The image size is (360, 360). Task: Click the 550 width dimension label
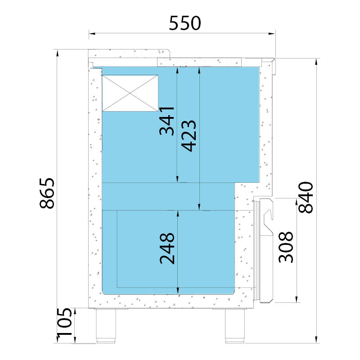[x=185, y=23]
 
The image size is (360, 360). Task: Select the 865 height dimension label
[x=47, y=193]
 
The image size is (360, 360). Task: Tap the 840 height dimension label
[x=306, y=197]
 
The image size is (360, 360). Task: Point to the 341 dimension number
[x=166, y=121]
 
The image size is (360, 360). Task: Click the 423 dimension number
[x=189, y=136]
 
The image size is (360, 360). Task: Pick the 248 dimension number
[x=167, y=248]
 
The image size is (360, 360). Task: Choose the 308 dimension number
[x=286, y=247]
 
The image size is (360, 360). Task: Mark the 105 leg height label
[x=64, y=322]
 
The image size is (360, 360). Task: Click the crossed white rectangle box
[x=130, y=93]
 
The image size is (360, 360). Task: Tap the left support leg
[x=106, y=326]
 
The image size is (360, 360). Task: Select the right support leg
[x=234, y=326]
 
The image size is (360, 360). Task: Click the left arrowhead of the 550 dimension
[x=92, y=34]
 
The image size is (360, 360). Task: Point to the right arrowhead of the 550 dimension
[x=272, y=34]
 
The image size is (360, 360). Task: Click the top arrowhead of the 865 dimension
[x=58, y=53]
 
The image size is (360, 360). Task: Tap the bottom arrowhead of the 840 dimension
[x=316, y=340]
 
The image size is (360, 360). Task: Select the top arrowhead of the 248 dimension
[x=178, y=214]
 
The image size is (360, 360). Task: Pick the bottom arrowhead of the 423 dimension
[x=199, y=207]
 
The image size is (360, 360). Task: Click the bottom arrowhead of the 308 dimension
[x=297, y=299]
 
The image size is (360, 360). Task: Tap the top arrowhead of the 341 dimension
[x=177, y=70]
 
